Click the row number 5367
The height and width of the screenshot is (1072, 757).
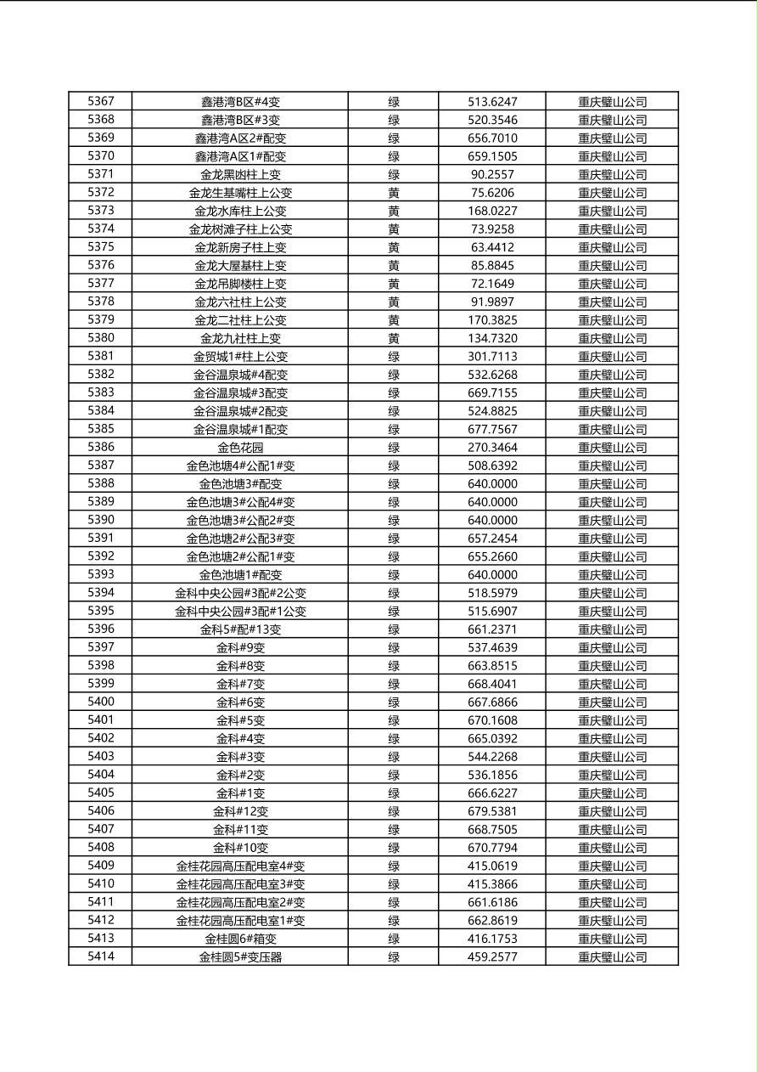[100, 101]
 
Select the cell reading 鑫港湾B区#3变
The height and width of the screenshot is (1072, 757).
[240, 120]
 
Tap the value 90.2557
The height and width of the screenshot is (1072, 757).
[492, 174]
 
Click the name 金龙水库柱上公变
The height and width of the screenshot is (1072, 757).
[240, 211]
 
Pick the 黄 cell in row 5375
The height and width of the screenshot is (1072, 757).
[394, 247]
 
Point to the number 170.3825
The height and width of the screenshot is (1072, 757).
[492, 320]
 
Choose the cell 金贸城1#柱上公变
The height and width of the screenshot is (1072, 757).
[240, 357]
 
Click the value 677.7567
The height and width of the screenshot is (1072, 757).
[492, 429]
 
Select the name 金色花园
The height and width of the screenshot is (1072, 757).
[240, 448]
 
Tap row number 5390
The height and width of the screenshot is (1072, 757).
[100, 520]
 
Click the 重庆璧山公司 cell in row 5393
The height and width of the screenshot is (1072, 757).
[612, 575]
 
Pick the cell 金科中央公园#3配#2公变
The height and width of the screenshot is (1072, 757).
[240, 593]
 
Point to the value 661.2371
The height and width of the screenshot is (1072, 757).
[492, 629]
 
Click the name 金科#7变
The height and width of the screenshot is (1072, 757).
[240, 684]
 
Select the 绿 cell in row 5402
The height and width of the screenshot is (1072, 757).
[394, 738]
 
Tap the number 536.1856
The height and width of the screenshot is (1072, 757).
[492, 775]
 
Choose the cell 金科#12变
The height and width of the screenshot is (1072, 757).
[240, 811]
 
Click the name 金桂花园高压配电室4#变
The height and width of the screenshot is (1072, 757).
[240, 866]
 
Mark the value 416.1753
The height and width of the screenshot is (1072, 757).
[492, 939]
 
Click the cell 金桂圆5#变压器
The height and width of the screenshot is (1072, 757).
[240, 956]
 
